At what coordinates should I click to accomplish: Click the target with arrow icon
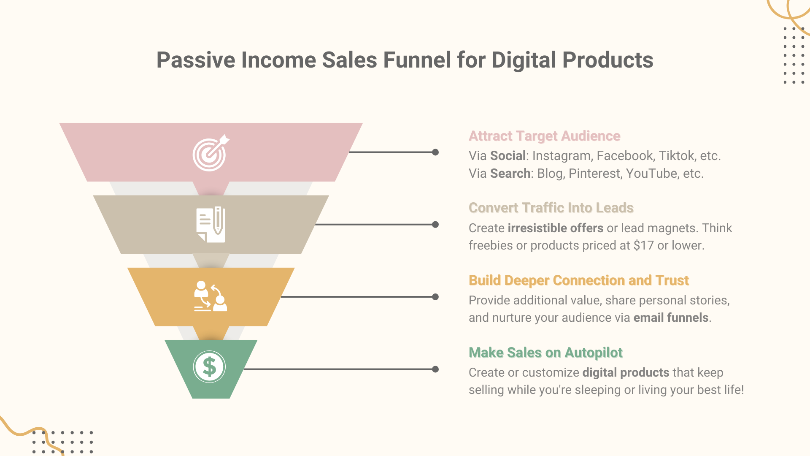[x=211, y=153]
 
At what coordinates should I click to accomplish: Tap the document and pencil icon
[x=211, y=224]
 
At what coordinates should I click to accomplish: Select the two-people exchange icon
[x=211, y=296]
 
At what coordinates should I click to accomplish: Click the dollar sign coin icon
[x=209, y=367]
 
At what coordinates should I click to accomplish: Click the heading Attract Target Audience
[x=544, y=136]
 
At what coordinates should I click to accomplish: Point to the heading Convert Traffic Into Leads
[x=551, y=208]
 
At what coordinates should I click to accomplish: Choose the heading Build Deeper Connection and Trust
[x=578, y=280]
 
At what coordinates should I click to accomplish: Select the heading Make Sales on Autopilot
[x=545, y=353]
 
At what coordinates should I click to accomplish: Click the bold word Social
[x=508, y=156]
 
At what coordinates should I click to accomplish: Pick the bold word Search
[x=510, y=174]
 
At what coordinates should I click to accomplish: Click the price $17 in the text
[x=643, y=245]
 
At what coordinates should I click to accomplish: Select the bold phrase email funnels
[x=671, y=318]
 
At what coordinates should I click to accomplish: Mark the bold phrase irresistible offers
[x=555, y=228]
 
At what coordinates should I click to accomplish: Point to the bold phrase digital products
[x=626, y=372]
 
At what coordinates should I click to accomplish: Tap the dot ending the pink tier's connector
[x=435, y=152]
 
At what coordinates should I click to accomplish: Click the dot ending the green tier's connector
[x=435, y=369]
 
